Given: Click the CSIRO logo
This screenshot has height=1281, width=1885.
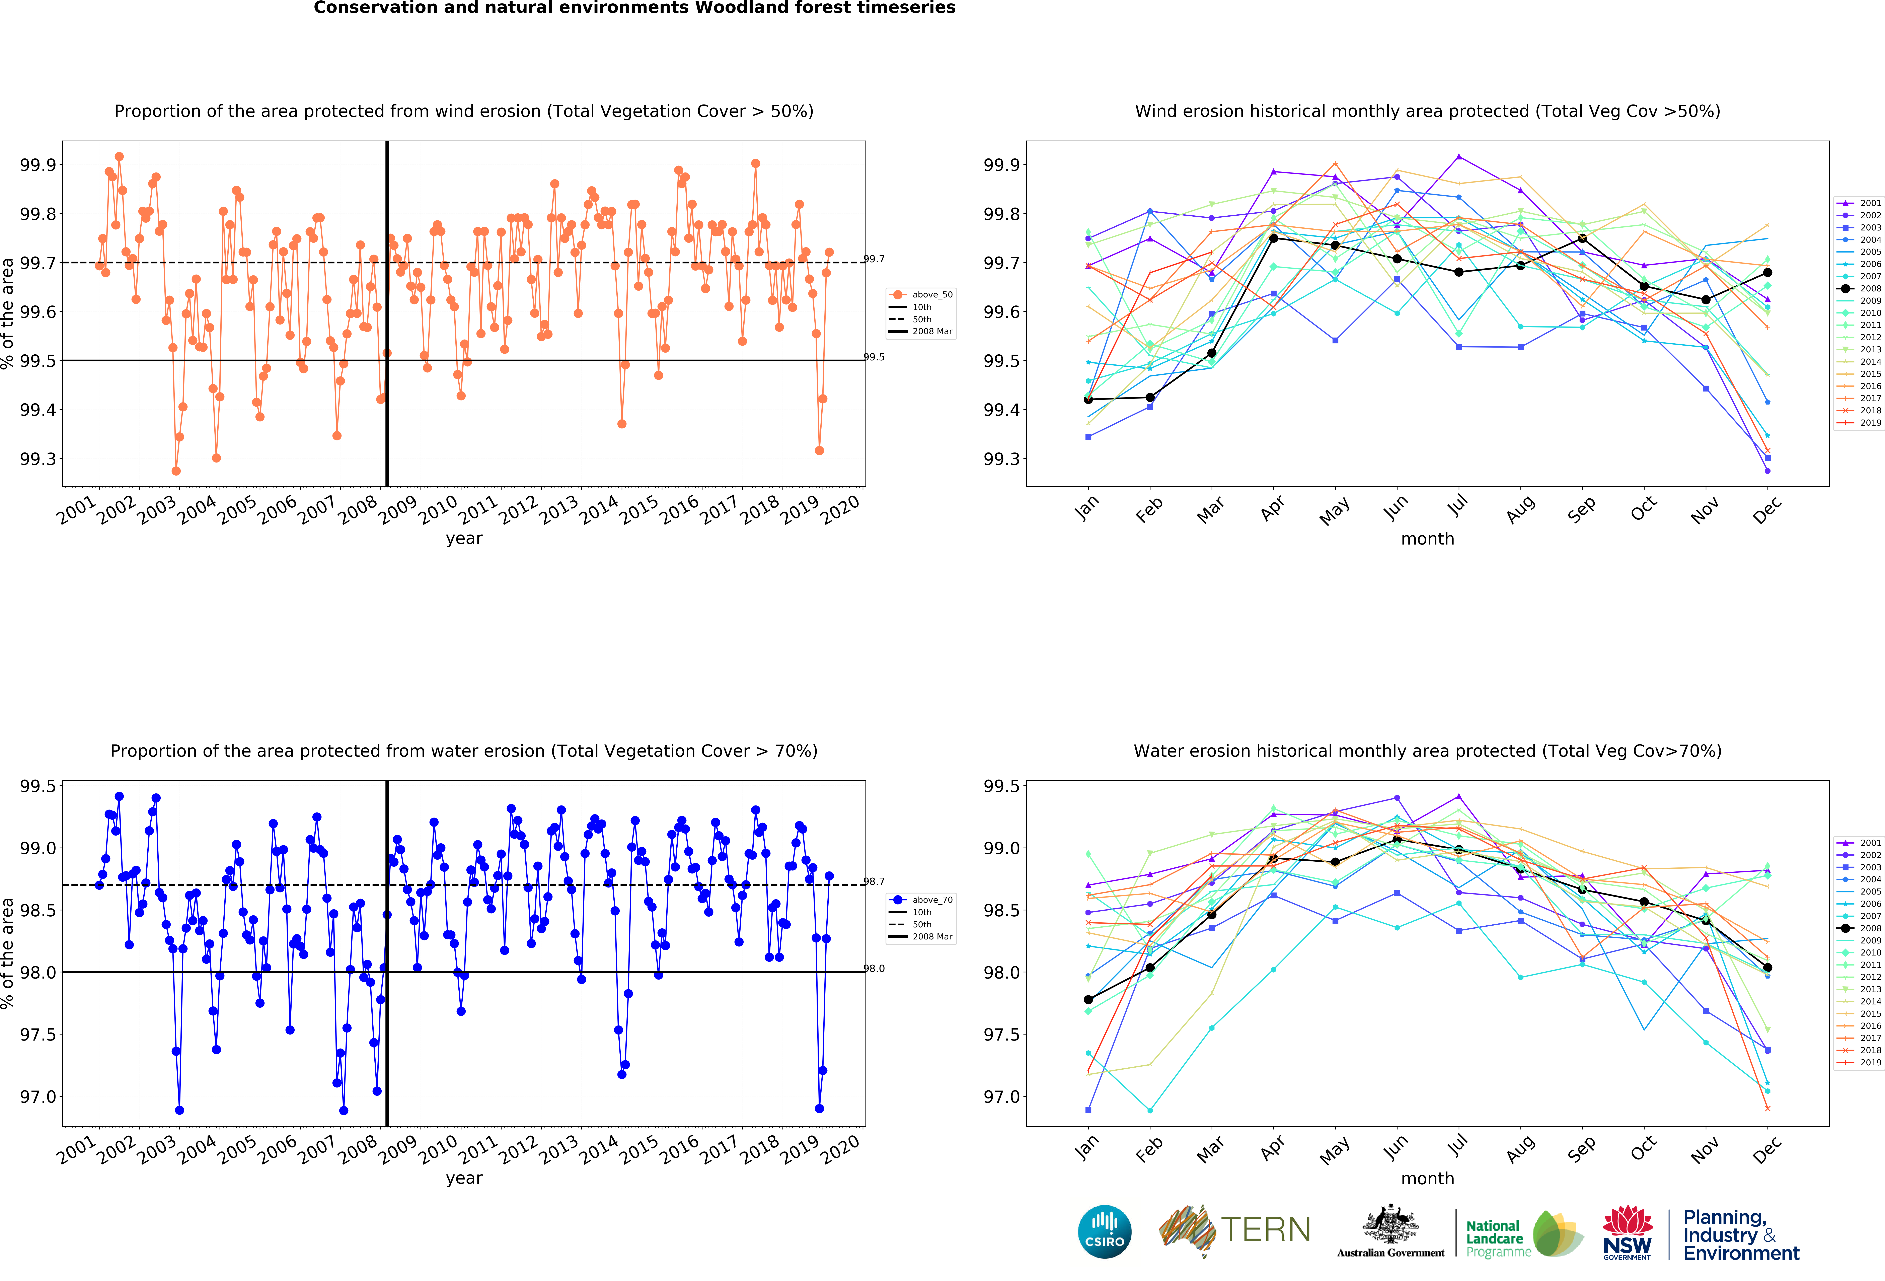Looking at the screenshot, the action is (1105, 1231).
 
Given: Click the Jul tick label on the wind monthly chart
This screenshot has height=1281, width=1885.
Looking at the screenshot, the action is (1457, 505).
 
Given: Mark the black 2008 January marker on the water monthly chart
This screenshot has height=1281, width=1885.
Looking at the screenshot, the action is (1088, 999).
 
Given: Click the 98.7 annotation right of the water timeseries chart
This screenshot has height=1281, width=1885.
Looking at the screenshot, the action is (874, 881).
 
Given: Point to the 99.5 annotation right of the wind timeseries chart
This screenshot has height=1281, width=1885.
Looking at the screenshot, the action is (874, 357).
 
